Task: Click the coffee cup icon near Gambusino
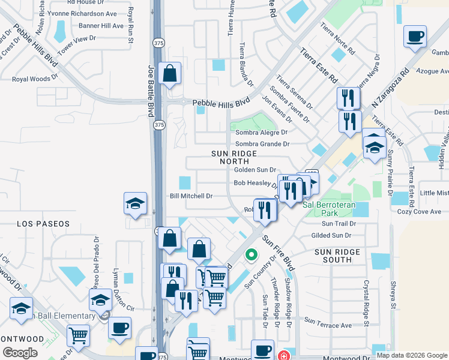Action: pyautogui.click(x=415, y=37)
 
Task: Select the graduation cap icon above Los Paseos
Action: pyautogui.click(x=135, y=203)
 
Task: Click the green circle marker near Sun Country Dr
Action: pyautogui.click(x=251, y=255)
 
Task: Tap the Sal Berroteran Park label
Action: pyautogui.click(x=329, y=205)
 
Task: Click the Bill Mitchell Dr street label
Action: pyautogui.click(x=191, y=196)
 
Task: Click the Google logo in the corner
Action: pyautogui.click(x=20, y=352)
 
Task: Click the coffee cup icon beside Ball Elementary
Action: pyautogui.click(x=119, y=328)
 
